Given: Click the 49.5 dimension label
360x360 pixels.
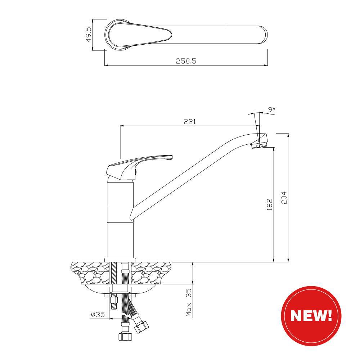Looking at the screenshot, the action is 89,35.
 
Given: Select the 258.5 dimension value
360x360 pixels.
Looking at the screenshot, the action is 186,61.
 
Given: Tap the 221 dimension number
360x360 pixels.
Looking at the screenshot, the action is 190,121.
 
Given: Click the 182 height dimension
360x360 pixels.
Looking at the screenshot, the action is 270,204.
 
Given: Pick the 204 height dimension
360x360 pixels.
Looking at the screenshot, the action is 284,198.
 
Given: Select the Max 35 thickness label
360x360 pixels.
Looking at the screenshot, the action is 189,303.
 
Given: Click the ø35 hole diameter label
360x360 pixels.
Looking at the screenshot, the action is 98,315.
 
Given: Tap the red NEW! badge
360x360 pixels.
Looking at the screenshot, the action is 311,316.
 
